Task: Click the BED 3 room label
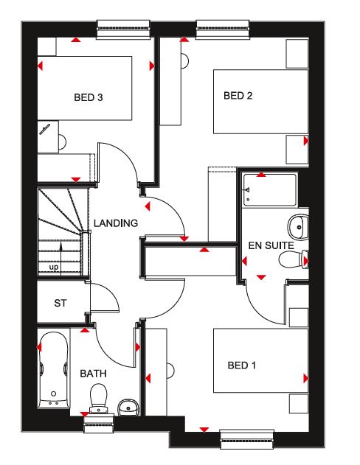[x=89, y=97]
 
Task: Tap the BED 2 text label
[x=238, y=96]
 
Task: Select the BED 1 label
[x=241, y=365]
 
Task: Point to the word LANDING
[x=116, y=223]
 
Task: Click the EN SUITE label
[x=271, y=245]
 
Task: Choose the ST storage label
[x=60, y=303]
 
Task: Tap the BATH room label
[x=93, y=374]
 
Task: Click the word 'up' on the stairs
[x=54, y=268]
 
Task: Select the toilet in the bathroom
[x=98, y=398]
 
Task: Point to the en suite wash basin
[x=298, y=227]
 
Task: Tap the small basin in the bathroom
[x=128, y=408]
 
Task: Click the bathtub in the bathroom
[x=54, y=369]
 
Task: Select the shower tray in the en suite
[x=270, y=190]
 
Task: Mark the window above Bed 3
[x=123, y=29]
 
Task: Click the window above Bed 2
[x=223, y=29]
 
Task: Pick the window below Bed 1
[x=247, y=439]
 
